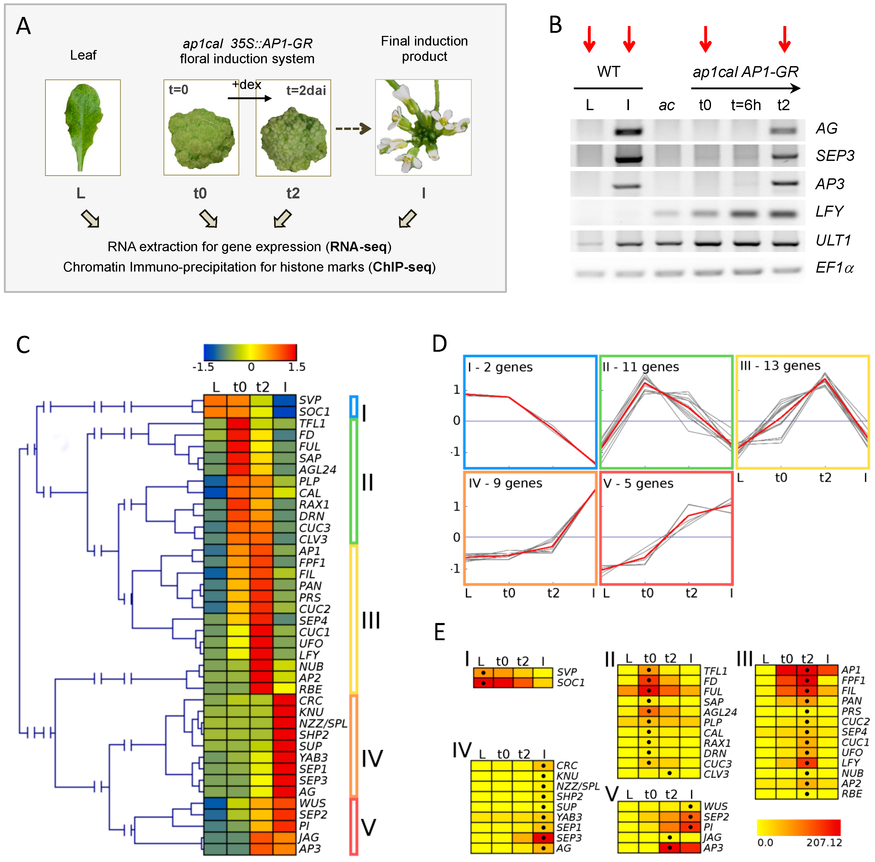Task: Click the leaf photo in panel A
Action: click(83, 127)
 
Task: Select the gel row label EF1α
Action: click(834, 268)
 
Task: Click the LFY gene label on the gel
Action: click(829, 211)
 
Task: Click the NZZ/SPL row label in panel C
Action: click(323, 723)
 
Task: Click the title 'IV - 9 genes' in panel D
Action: click(505, 483)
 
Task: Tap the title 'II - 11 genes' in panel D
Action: click(640, 367)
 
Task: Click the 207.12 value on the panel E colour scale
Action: click(824, 842)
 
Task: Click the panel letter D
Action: click(439, 344)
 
